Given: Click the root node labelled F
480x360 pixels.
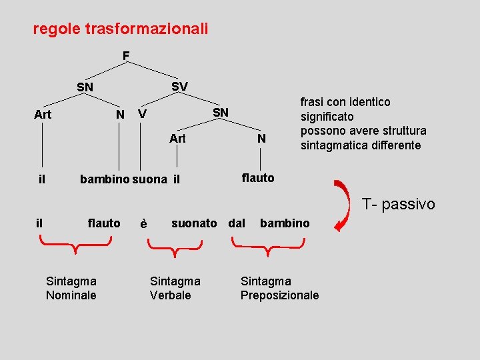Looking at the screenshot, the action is pos(126,55).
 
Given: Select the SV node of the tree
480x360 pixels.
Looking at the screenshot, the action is pos(179,87).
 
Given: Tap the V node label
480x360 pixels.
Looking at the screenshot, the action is pos(142,115).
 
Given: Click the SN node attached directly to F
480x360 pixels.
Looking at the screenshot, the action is pos(85,87).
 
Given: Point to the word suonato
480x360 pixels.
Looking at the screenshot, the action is pos(194,223).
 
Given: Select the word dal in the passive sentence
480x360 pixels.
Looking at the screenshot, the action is pos(237,223).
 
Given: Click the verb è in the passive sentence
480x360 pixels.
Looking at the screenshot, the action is pos(143,224).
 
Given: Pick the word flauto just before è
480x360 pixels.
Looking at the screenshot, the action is pos(104,223).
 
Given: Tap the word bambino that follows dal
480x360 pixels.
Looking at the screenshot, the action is pos(285,223).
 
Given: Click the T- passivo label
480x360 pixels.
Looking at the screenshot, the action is pos(398,204).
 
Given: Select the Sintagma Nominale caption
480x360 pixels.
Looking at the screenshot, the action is pos(71,288).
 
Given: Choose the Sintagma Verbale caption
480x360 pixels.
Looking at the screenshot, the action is pos(175,288).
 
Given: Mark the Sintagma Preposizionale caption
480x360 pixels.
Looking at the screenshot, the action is pos(279,288).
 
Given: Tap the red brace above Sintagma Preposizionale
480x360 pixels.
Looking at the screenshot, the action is pos(267,248).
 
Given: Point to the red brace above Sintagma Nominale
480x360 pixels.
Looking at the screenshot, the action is pos(75,248).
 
